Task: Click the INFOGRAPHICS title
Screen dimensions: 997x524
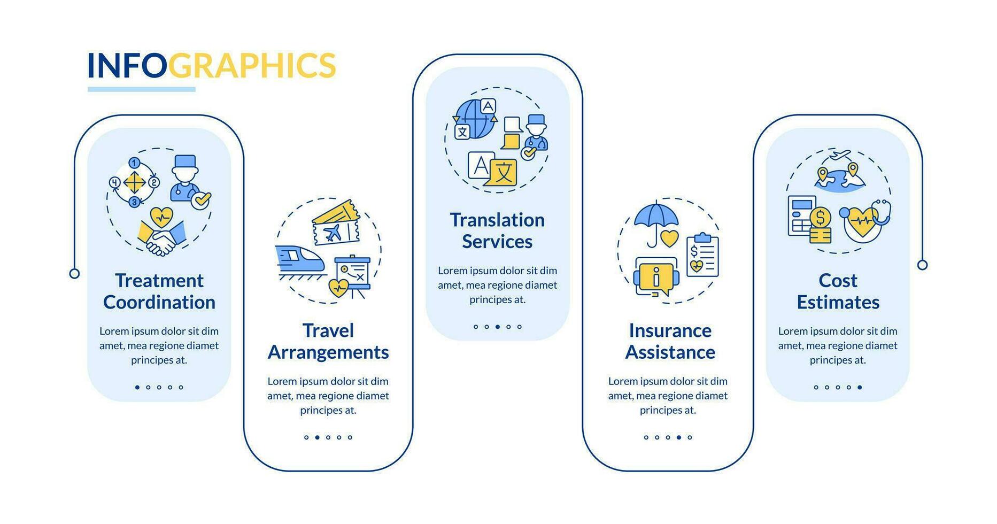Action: [x=211, y=65]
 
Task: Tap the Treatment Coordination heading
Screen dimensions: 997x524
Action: [x=159, y=291]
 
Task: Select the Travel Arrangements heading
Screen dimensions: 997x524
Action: [x=328, y=341]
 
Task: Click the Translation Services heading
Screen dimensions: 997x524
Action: [x=497, y=230]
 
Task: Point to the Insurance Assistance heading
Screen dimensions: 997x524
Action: [x=670, y=341]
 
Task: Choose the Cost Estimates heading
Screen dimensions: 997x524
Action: [x=838, y=291]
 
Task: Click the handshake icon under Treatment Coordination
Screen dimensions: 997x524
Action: [x=161, y=239]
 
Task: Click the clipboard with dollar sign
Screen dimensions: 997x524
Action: [x=702, y=255]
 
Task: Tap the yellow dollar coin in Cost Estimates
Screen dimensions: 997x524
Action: [x=820, y=218]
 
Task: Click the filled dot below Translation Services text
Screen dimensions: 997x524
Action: [x=498, y=327]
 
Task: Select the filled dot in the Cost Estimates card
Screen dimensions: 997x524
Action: [x=860, y=387]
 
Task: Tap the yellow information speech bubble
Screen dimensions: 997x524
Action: [x=656, y=277]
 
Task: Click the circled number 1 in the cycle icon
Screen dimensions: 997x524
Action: [x=134, y=163]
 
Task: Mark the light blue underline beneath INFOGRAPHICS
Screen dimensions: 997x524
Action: [x=142, y=89]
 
